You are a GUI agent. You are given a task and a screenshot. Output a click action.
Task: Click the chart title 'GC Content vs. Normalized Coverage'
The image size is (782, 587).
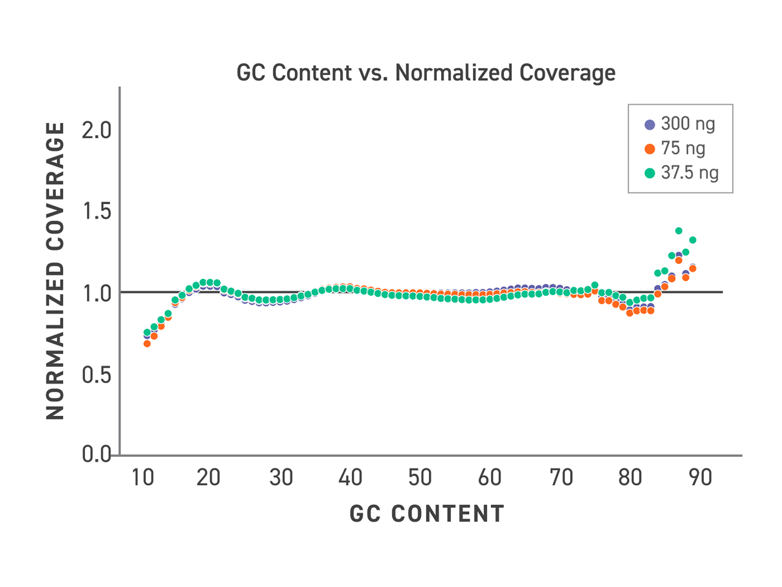tap(426, 73)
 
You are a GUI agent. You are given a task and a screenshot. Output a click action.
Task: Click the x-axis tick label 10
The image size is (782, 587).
tap(143, 477)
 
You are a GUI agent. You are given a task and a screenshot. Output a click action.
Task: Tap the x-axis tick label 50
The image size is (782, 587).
tap(420, 477)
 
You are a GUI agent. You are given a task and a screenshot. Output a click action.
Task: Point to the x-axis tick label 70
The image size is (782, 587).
tap(561, 477)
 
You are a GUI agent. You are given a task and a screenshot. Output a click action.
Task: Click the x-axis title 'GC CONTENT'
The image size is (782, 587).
tap(427, 514)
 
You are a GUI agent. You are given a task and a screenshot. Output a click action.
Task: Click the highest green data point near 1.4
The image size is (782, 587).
tap(679, 231)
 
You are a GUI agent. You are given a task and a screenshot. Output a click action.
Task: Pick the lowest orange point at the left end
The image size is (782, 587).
tap(147, 344)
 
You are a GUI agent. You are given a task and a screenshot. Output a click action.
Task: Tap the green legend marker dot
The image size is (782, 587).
tap(650, 173)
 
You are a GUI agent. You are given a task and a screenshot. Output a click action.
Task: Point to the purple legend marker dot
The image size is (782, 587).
tap(650, 125)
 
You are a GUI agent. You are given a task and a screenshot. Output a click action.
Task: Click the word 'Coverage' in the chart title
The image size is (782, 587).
tap(568, 73)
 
